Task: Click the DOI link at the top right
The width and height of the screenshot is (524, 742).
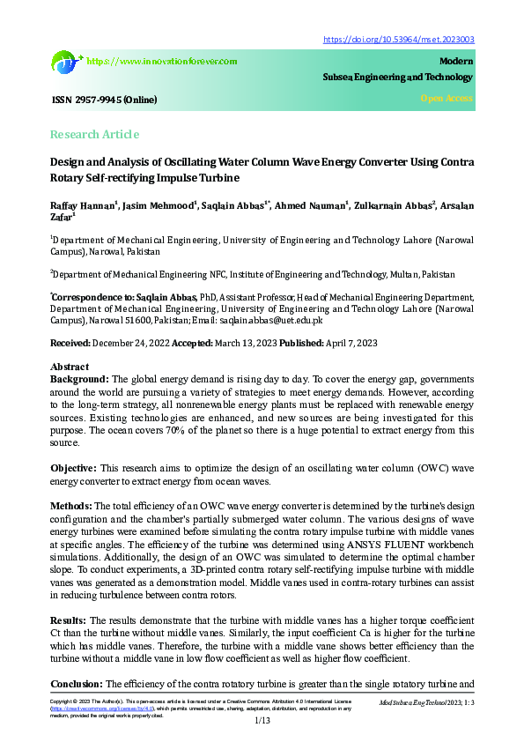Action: (x=400, y=40)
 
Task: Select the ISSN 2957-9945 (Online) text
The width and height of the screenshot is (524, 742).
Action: (x=103, y=100)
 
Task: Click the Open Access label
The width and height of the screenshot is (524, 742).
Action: (x=447, y=98)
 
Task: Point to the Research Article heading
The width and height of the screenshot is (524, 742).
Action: (x=94, y=134)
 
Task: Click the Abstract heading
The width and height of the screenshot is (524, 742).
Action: (x=70, y=367)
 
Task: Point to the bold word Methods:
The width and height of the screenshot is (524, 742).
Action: (x=71, y=506)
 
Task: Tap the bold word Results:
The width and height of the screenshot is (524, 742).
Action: (x=70, y=620)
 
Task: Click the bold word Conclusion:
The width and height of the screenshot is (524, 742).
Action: (x=77, y=683)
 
